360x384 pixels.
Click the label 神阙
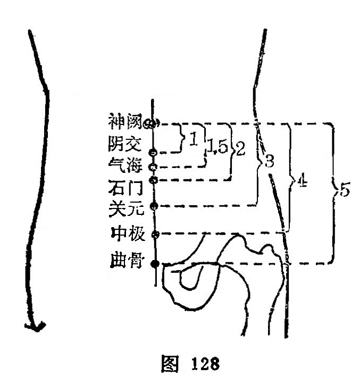pyautogui.click(x=125, y=121)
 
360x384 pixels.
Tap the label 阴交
pyautogui.click(x=125, y=144)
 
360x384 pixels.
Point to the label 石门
pyautogui.click(x=125, y=187)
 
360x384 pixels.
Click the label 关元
pyautogui.click(x=126, y=208)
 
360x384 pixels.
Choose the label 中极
pyautogui.click(x=128, y=234)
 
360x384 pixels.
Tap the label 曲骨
pyautogui.click(x=127, y=261)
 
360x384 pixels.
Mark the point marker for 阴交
pyautogui.click(x=153, y=153)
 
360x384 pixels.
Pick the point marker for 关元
pyautogui.click(x=154, y=206)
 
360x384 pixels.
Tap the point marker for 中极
pyautogui.click(x=155, y=235)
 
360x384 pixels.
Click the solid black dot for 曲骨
pyautogui.click(x=155, y=264)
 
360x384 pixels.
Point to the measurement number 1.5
pyautogui.click(x=218, y=146)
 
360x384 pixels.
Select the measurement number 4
pyautogui.click(x=302, y=180)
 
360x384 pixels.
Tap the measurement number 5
pyautogui.click(x=345, y=189)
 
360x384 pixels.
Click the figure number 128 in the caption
pyautogui.click(x=205, y=363)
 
